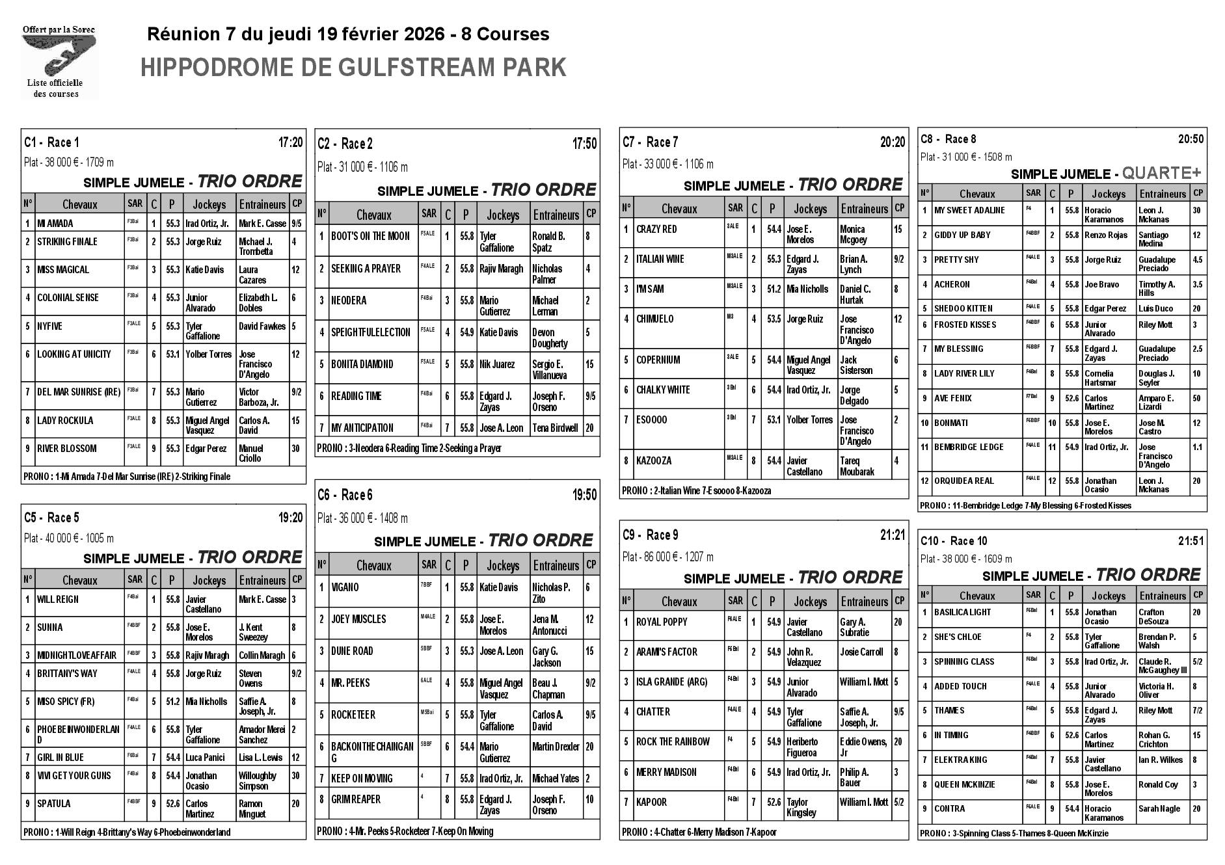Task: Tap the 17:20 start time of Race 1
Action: (290, 142)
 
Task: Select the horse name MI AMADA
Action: (55, 223)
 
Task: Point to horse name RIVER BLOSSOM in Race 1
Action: (66, 448)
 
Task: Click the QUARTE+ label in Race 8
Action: (1161, 173)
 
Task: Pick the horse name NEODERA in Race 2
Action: (349, 300)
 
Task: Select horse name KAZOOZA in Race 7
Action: (654, 460)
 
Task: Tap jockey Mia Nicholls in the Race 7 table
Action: (807, 289)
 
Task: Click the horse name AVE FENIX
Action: (952, 398)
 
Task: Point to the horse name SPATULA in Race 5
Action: (54, 803)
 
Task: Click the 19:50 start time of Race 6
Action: (584, 495)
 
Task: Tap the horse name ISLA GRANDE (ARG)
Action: (671, 682)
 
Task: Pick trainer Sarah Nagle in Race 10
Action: (1159, 809)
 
